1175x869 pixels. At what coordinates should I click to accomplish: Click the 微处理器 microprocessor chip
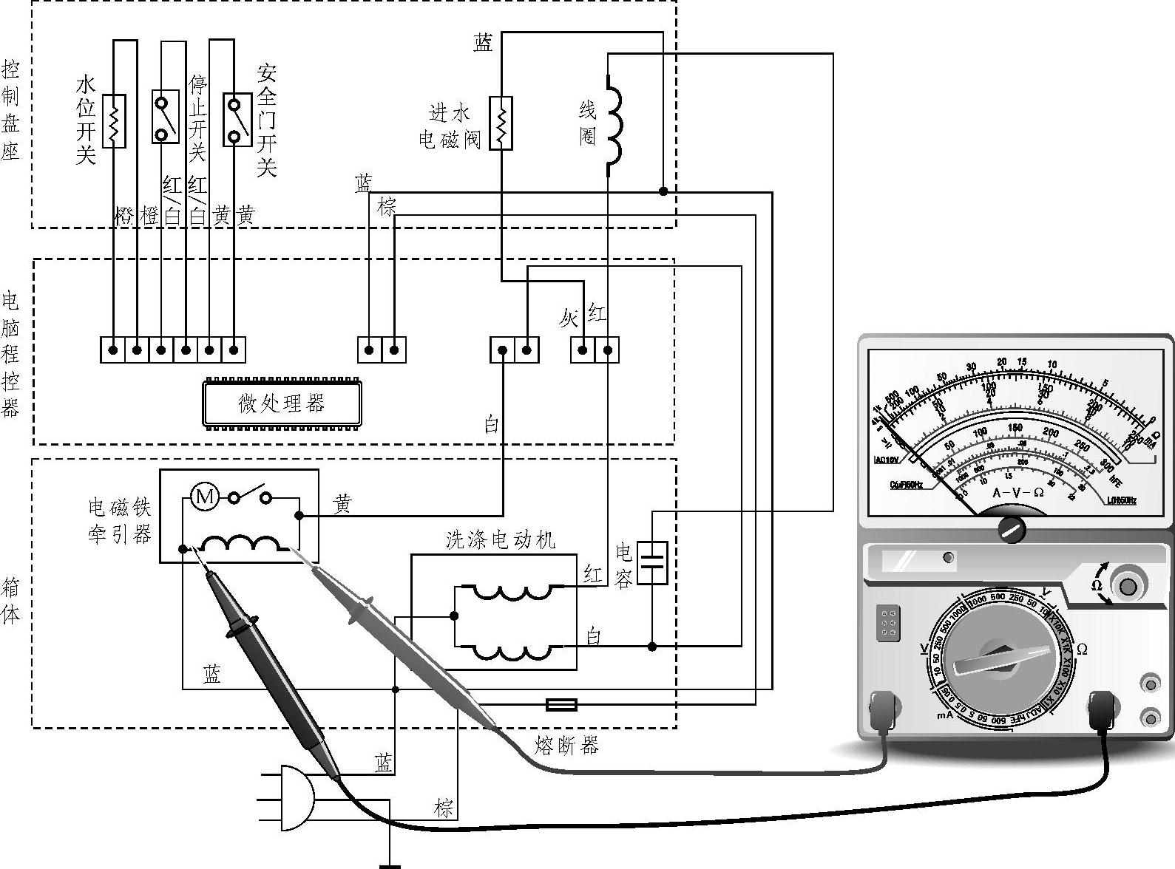pyautogui.click(x=282, y=403)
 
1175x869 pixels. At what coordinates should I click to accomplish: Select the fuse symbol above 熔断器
pyautogui.click(x=561, y=704)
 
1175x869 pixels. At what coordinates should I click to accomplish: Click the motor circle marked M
pyautogui.click(x=205, y=497)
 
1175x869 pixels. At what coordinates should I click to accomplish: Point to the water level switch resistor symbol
pyautogui.click(x=114, y=121)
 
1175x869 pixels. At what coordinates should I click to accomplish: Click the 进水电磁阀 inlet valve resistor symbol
pyautogui.click(x=501, y=123)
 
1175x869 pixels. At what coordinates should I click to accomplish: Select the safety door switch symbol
pyautogui.click(x=237, y=118)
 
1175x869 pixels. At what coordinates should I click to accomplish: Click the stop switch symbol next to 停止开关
pyautogui.click(x=166, y=117)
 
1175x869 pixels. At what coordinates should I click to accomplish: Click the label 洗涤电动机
pyautogui.click(x=501, y=539)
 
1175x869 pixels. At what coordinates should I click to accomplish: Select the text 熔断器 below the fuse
pyautogui.click(x=567, y=746)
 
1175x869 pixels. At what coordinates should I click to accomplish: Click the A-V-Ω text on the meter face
pyautogui.click(x=1018, y=492)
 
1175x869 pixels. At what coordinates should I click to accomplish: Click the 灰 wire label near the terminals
pyautogui.click(x=569, y=318)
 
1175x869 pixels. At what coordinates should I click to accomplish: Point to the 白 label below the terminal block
pyautogui.click(x=492, y=424)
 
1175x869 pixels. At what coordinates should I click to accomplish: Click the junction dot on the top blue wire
pyautogui.click(x=663, y=191)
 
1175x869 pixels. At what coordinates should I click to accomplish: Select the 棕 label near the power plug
pyautogui.click(x=444, y=807)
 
